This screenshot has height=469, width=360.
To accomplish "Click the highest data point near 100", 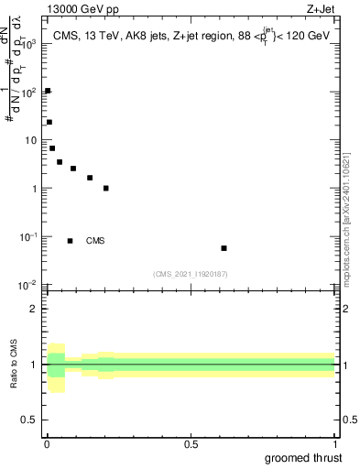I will click(48, 91).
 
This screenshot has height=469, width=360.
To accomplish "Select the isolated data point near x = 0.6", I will click(224, 248).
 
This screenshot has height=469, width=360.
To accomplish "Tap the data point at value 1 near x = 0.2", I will click(106, 188).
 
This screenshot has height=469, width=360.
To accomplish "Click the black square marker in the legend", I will click(70, 241).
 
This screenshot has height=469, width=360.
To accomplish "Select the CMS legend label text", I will click(95, 241).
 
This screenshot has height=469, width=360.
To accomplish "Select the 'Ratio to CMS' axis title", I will click(13, 365).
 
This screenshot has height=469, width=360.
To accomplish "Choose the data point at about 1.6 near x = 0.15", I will click(90, 178).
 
